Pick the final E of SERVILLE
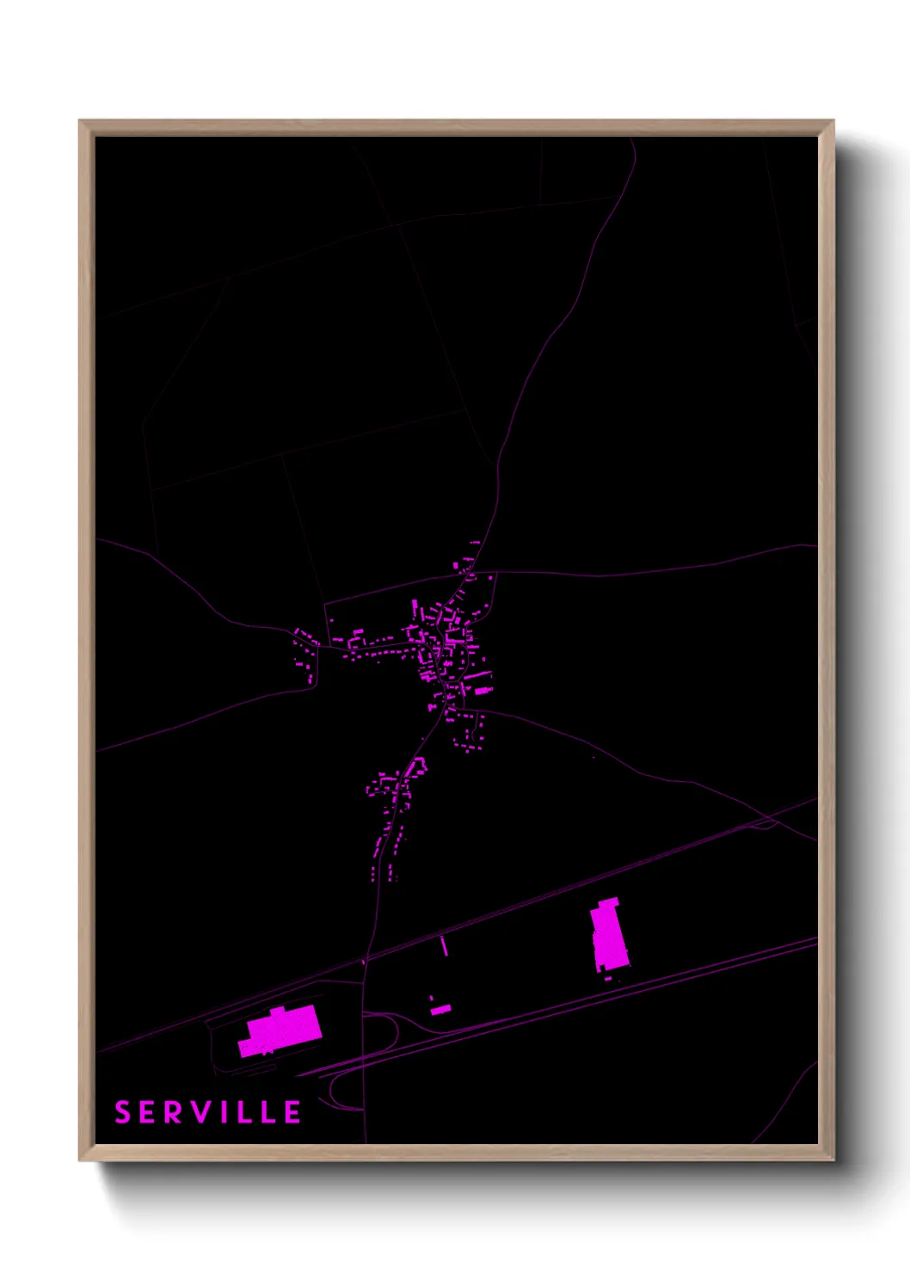pyautogui.click(x=292, y=1112)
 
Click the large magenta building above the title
pyautogui.click(x=280, y=1030)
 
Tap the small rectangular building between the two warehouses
pyautogui.click(x=440, y=1009)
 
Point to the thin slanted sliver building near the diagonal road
pyautogui.click(x=444, y=946)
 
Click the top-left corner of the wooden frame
pyautogui.click(x=80, y=121)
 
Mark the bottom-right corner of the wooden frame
pyautogui.click(x=833, y=1159)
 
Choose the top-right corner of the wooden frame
pyautogui.click(x=833, y=121)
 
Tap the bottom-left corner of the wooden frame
pyautogui.click(x=80, y=1159)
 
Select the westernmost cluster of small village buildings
pyautogui.click(x=303, y=654)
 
